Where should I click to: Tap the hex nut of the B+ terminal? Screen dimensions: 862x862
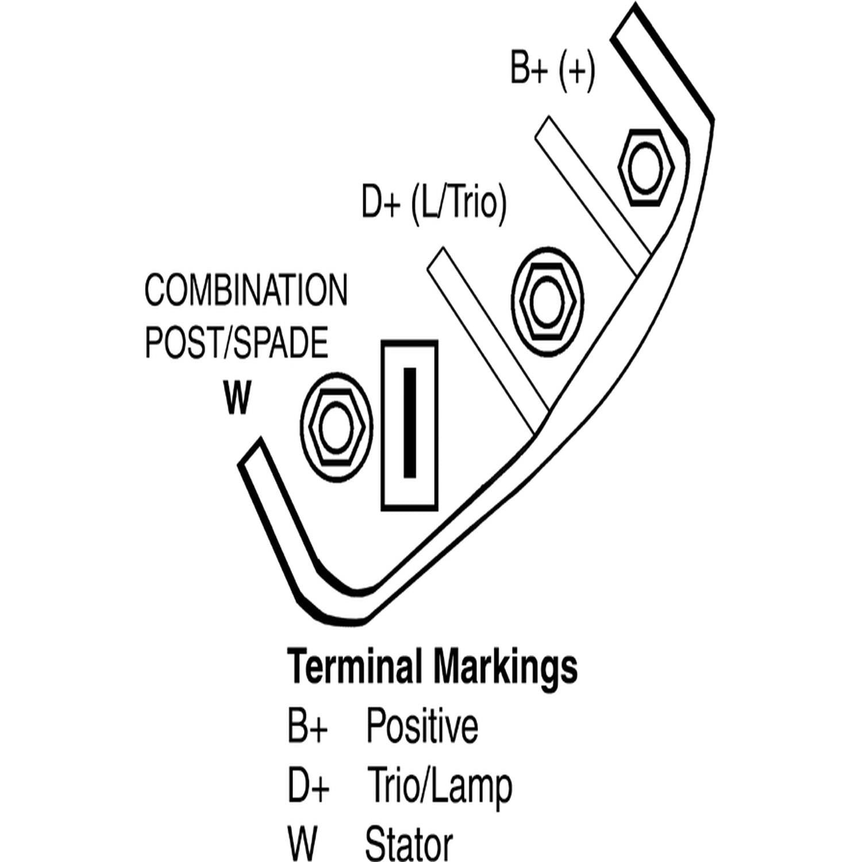pos(646,167)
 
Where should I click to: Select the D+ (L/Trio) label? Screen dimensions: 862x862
pos(434,202)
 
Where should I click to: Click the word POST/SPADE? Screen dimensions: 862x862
pos(236,343)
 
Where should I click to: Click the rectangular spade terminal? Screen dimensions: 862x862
pos(409,425)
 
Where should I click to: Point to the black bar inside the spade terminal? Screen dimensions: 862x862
pos(410,422)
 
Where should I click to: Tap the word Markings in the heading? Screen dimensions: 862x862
pos(505,667)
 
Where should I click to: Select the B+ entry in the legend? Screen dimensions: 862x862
pos(307,726)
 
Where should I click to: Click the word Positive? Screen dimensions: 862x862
pos(422,726)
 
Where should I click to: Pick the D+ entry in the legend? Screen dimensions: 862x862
pos(308,786)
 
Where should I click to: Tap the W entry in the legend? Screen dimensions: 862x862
pos(302,844)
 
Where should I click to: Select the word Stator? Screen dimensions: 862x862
pos(409,844)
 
